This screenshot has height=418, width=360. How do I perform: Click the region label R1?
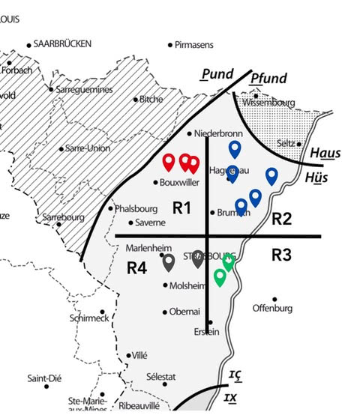tap(182, 208)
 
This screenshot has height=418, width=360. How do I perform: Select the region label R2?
tap(282, 219)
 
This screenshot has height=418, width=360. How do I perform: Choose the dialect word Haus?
tap(325, 154)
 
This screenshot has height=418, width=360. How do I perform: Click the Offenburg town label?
tap(271, 308)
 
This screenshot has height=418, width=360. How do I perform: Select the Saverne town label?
tap(150, 222)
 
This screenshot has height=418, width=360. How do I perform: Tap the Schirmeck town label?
tap(88, 318)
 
